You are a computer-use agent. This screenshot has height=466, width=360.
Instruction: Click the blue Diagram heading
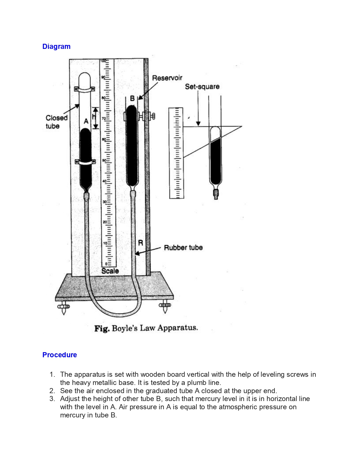tap(56, 47)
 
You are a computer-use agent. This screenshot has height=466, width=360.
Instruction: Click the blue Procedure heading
tap(60, 355)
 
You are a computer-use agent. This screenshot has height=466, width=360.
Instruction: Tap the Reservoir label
tap(167, 78)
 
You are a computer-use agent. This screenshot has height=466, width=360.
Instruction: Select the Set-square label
tap(202, 87)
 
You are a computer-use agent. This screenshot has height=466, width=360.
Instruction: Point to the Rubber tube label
tap(183, 248)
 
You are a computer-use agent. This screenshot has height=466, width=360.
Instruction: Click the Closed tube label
tap(56, 122)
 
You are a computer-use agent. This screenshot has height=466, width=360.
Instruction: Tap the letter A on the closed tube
tap(86, 121)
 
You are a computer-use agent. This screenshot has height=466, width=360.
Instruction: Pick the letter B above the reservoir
tap(132, 99)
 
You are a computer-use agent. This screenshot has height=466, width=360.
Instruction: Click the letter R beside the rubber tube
tap(140, 243)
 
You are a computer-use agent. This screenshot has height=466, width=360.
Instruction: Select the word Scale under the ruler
tap(110, 271)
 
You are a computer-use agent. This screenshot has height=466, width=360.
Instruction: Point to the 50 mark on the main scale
tap(104, 160)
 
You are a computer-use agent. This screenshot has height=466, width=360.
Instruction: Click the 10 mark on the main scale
tap(105, 243)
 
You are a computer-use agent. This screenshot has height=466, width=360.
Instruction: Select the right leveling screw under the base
tap(165, 306)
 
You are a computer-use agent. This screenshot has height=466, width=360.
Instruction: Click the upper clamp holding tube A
tap(84, 89)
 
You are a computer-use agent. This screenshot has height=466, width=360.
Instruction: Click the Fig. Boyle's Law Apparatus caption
tap(146, 328)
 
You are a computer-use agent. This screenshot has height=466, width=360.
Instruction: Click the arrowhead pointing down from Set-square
tap(198, 123)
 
